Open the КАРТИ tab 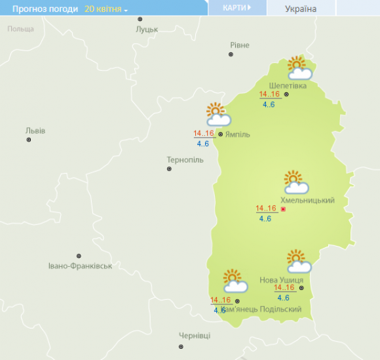(237, 8)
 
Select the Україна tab (301, 9)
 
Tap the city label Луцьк (147, 30)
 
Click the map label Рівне (239, 45)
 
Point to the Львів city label (35, 130)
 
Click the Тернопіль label (185, 160)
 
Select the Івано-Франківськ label (81, 266)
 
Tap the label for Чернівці (195, 336)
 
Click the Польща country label (20, 30)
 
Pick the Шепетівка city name (292, 85)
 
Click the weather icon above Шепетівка (299, 68)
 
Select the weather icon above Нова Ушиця (299, 262)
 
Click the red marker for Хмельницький (283, 209)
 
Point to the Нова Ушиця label (281, 280)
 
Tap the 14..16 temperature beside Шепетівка (269, 94)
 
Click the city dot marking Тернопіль (169, 169)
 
